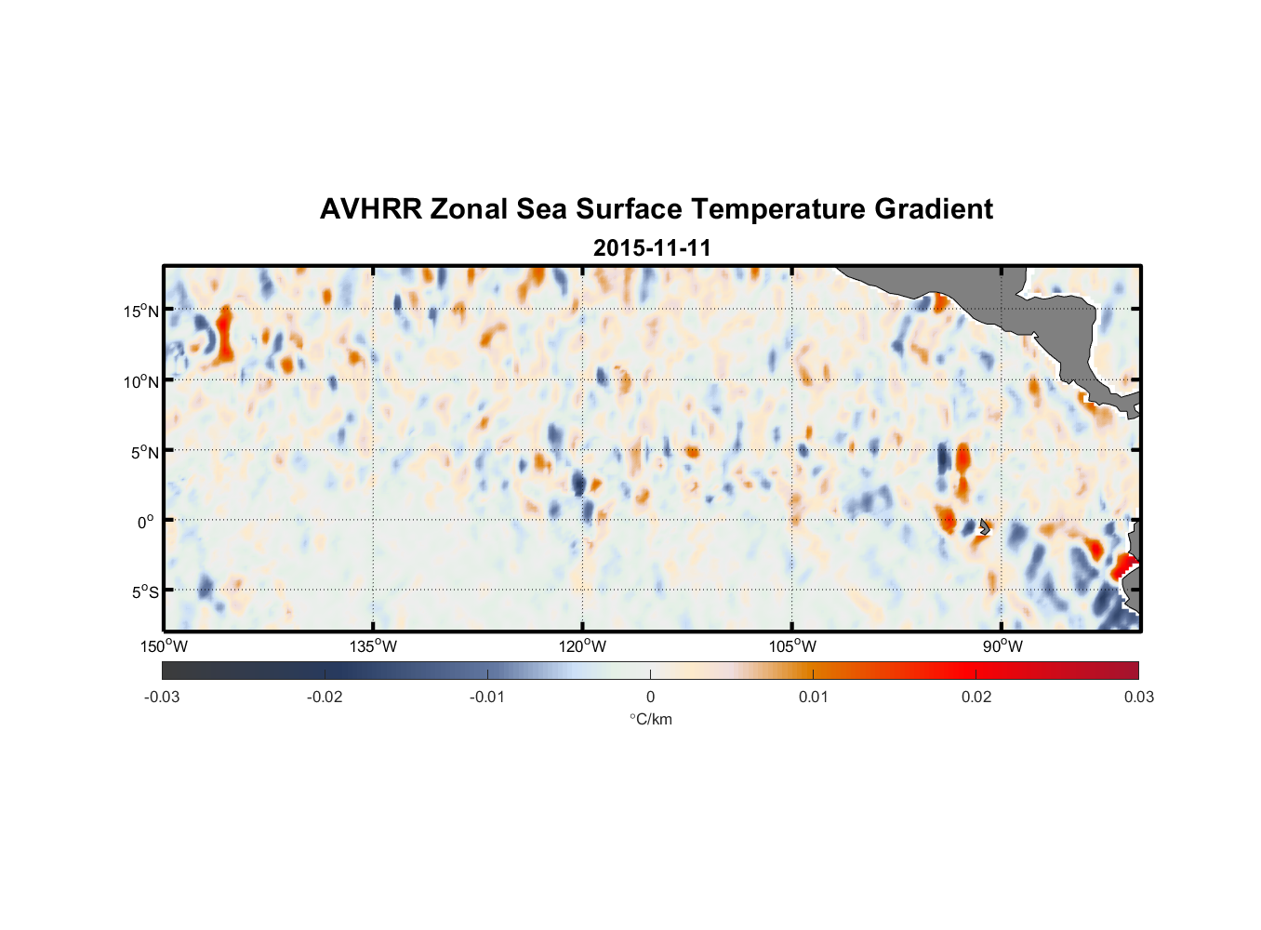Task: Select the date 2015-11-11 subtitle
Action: (652, 248)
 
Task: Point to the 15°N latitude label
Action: (140, 311)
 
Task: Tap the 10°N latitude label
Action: (140, 381)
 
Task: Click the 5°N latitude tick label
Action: (143, 452)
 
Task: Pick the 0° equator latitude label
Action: (146, 522)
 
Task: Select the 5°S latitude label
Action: (143, 592)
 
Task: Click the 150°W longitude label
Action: (165, 646)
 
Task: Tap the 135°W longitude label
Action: (374, 646)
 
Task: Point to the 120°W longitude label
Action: (583, 646)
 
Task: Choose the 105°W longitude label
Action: (792, 646)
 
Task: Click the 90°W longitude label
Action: (1002, 646)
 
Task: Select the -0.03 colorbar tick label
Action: (162, 697)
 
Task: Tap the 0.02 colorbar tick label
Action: (976, 697)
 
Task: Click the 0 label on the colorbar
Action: (650, 697)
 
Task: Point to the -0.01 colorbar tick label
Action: (487, 697)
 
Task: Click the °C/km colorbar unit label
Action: (650, 719)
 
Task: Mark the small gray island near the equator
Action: (984, 526)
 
